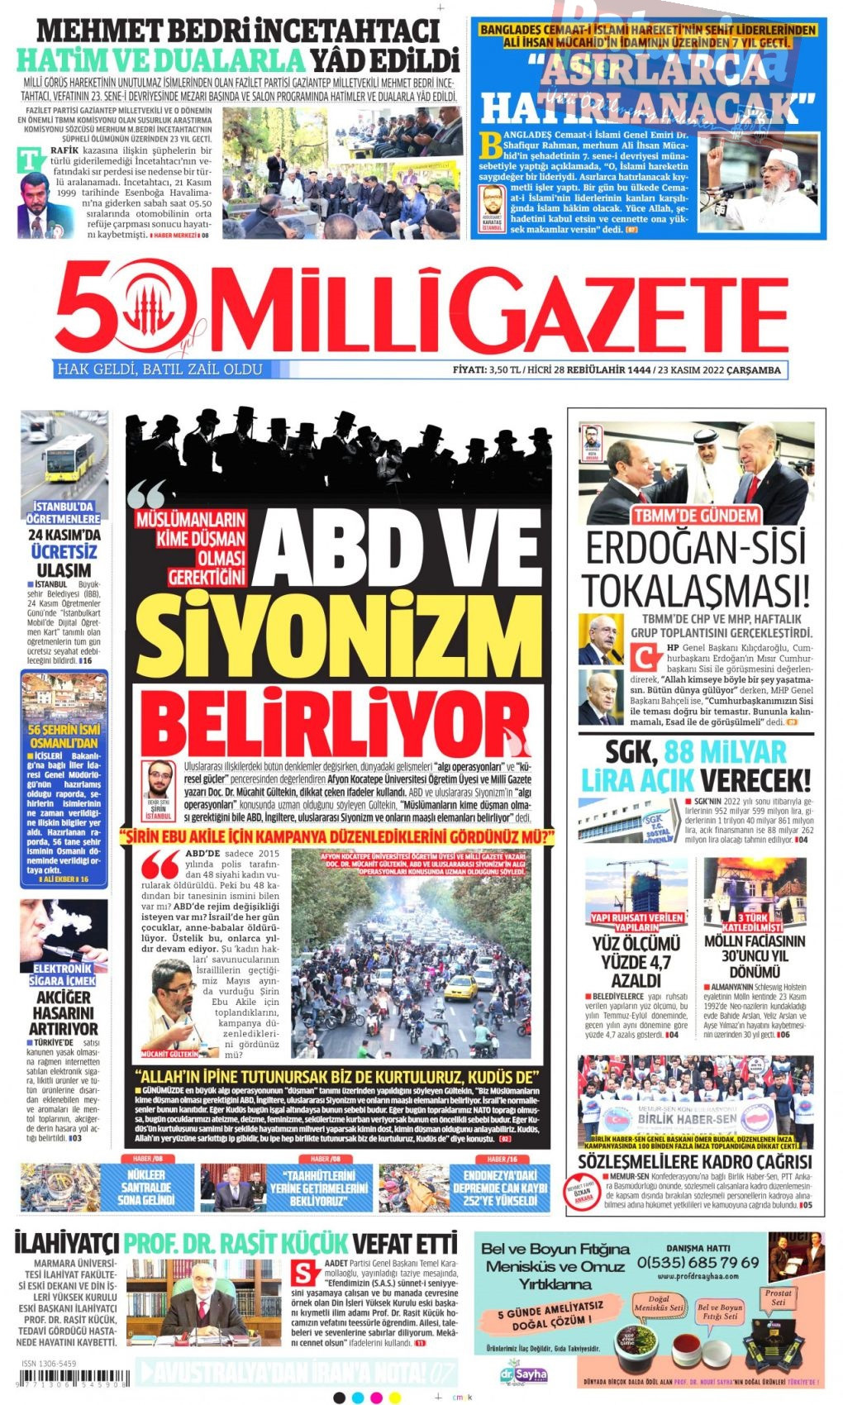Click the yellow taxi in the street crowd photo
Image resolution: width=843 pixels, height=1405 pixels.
(x=464, y=987)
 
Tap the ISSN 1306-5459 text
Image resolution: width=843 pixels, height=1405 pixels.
(x=50, y=1364)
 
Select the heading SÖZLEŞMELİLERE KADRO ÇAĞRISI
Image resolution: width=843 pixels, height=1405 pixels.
(x=695, y=1162)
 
